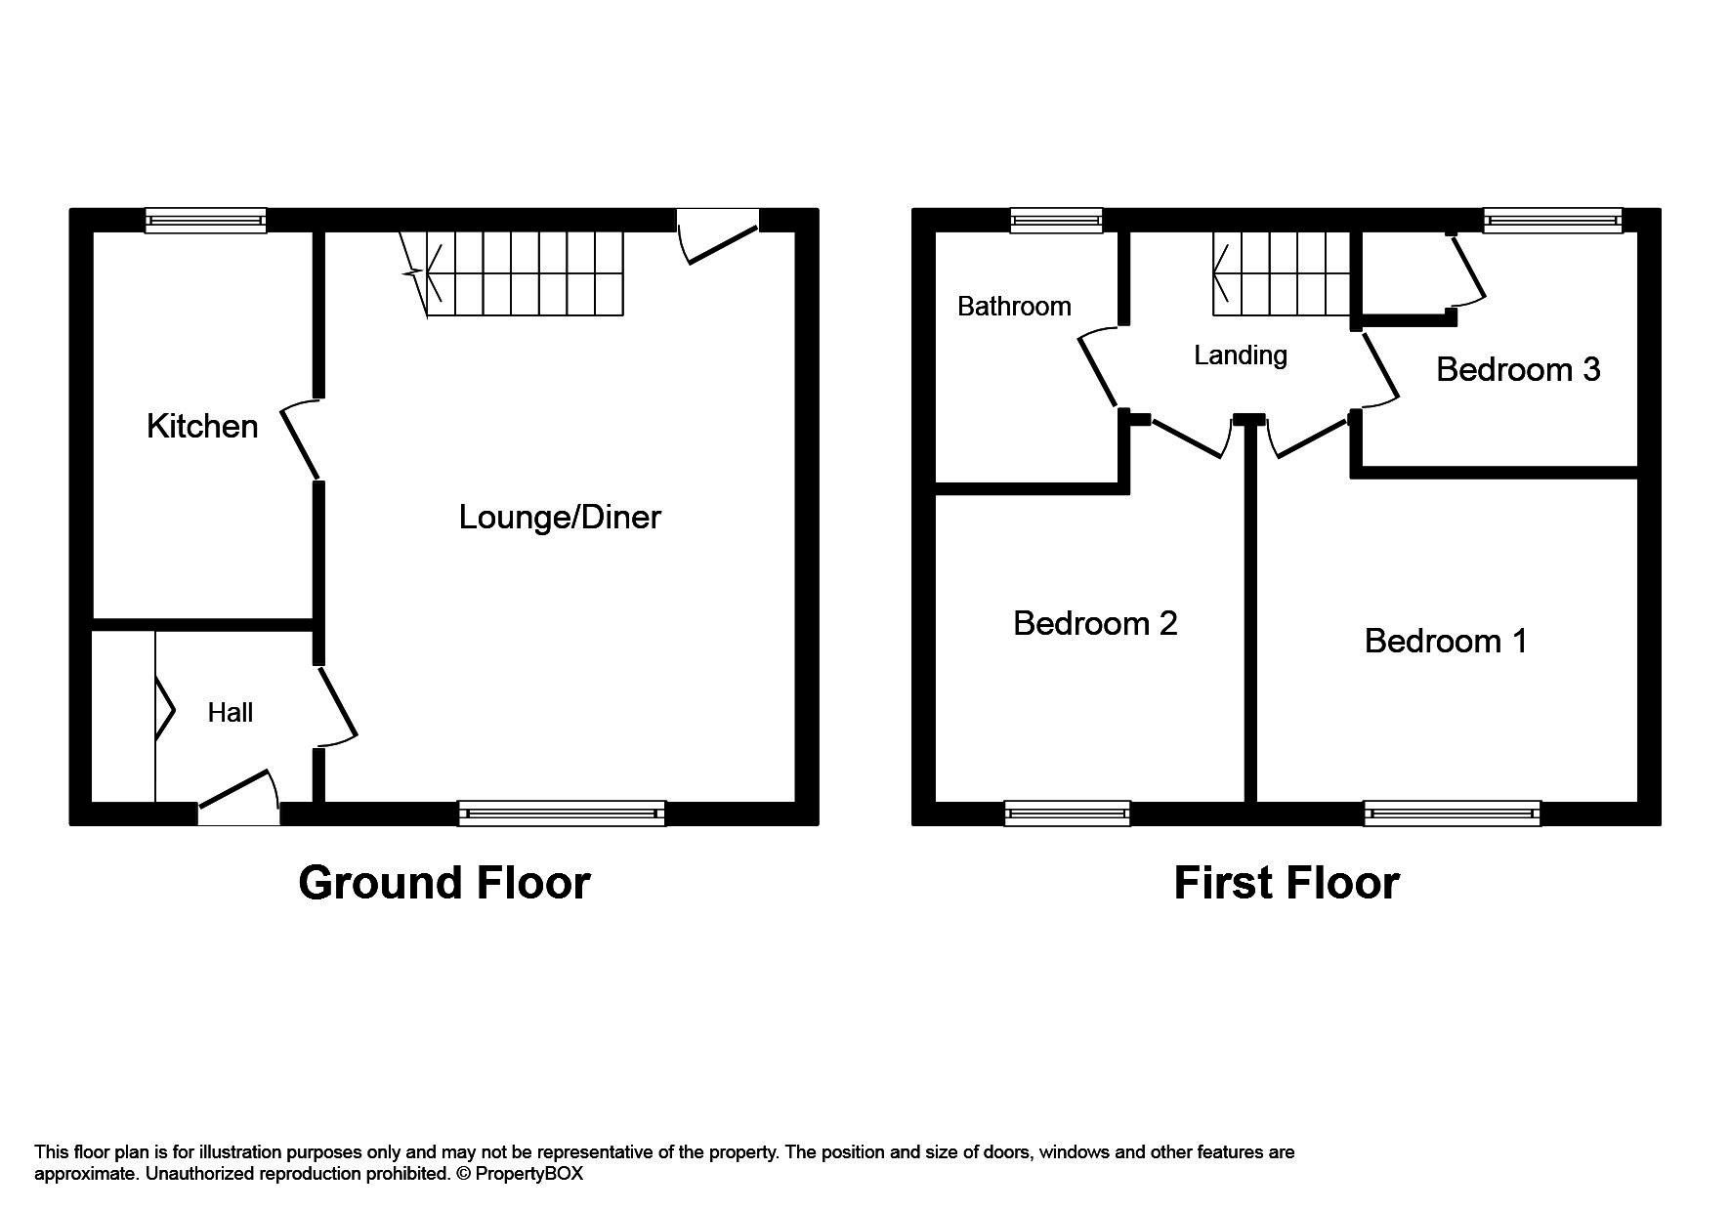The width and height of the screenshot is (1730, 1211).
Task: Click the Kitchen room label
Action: (202, 427)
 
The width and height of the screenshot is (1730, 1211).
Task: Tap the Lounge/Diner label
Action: (560, 517)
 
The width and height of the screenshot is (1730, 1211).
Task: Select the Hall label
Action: (230, 713)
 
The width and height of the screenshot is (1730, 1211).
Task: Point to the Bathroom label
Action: (1014, 307)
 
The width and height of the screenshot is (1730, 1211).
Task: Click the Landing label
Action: (1241, 355)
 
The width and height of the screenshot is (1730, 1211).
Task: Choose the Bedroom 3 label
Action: (1518, 369)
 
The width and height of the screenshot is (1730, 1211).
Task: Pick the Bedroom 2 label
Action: (1095, 623)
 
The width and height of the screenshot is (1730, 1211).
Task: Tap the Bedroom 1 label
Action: (1445, 641)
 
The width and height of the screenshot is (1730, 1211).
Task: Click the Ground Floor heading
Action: (444, 883)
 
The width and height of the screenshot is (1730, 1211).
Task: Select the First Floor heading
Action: (1286, 883)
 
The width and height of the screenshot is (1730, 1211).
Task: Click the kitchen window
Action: (205, 220)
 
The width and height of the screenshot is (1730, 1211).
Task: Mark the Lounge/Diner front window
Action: (562, 813)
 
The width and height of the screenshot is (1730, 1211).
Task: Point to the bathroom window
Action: (1056, 220)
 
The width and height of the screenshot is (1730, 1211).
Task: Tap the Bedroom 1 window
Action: (1452, 813)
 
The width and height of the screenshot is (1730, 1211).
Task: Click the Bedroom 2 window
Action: (1067, 813)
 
